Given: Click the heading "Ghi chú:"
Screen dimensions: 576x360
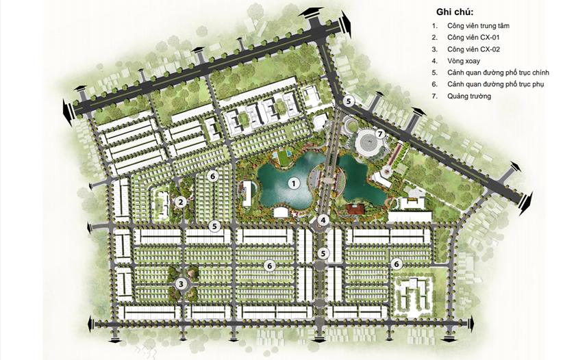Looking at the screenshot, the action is [455, 12].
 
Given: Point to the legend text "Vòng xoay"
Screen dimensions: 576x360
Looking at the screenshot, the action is [464, 61].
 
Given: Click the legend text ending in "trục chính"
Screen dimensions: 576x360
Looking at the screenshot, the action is [498, 73].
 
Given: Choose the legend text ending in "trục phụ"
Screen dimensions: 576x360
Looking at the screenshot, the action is [496, 84].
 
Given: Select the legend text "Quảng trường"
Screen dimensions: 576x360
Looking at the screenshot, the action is [469, 96].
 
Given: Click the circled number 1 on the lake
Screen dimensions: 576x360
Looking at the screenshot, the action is [294, 183].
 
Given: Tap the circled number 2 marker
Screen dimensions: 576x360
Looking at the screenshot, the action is [180, 201].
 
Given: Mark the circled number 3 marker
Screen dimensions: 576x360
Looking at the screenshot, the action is [181, 283].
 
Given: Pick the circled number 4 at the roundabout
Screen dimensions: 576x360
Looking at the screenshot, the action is [323, 220].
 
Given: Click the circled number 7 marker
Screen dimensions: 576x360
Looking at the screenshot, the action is [380, 134].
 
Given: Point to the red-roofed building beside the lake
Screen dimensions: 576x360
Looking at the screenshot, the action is [355, 210].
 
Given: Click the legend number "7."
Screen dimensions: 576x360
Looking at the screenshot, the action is [435, 96].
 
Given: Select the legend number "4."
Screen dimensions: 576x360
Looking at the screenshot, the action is [435, 61].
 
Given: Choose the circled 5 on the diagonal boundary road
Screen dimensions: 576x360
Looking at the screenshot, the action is [349, 101].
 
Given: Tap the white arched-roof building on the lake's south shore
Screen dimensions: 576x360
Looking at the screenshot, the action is [281, 211].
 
